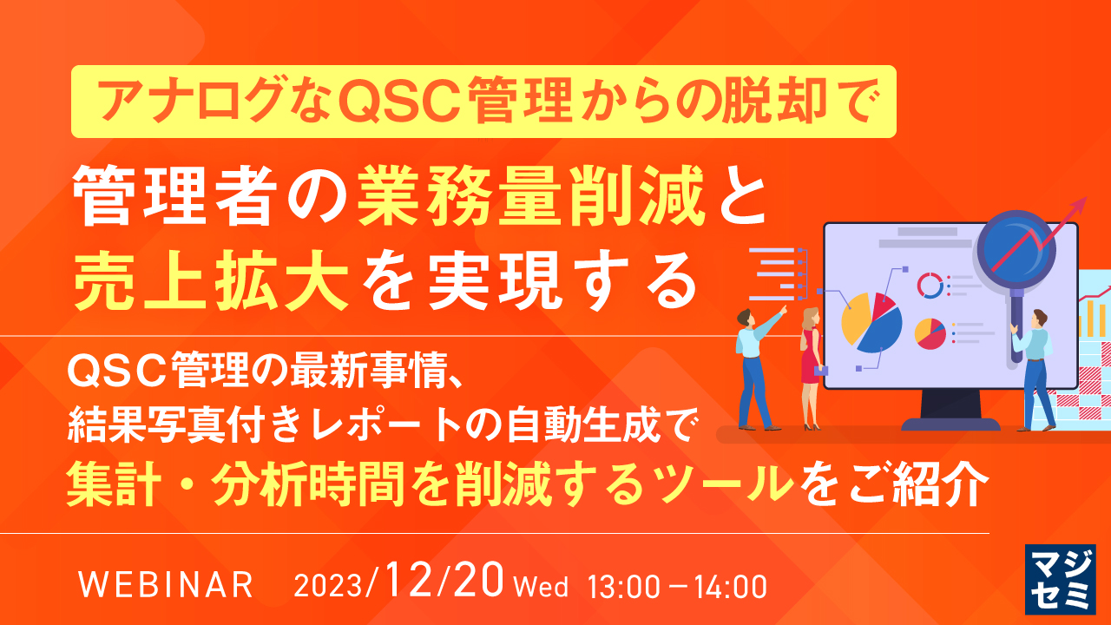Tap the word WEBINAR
[166, 585]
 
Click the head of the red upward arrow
[1080, 205]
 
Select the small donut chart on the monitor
[930, 285]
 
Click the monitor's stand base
[950, 424]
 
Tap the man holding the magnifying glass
[1035, 365]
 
